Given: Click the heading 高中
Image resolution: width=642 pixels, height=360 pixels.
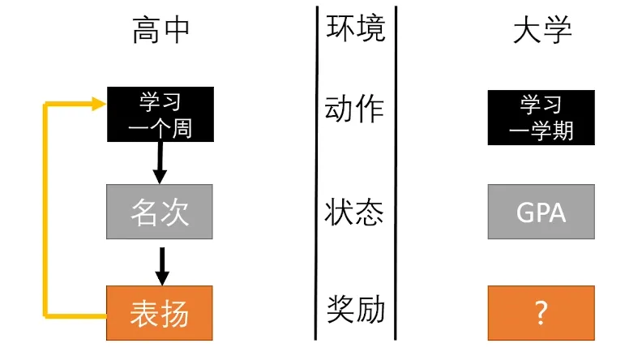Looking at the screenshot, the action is (x=160, y=30).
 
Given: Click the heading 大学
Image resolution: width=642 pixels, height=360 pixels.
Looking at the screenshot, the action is (x=542, y=30).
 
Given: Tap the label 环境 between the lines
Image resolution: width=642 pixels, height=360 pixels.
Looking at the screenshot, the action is (x=355, y=28).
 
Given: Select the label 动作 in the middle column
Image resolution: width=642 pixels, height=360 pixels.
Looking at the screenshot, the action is (x=354, y=109).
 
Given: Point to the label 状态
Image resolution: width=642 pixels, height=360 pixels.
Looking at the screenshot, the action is (x=354, y=212).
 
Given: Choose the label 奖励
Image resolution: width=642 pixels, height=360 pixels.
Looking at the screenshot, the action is (x=355, y=310).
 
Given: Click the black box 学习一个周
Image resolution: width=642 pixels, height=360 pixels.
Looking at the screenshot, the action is (x=160, y=114).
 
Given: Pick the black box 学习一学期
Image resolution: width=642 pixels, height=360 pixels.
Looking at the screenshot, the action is (x=541, y=118).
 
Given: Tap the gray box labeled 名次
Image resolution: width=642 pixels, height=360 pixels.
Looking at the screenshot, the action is (x=160, y=212).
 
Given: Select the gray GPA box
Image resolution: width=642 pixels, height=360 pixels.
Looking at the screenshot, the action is (x=541, y=212).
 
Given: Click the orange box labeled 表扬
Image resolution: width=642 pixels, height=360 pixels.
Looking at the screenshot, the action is (x=160, y=313).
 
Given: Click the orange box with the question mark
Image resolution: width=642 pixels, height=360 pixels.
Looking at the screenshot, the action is (x=541, y=313).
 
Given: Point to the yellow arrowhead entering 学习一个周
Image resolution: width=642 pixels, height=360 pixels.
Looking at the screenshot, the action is (x=99, y=104).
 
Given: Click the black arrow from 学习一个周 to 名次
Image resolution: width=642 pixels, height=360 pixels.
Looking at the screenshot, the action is (x=160, y=163).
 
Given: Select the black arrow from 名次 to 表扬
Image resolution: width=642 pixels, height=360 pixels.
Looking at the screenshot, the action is (x=162, y=266).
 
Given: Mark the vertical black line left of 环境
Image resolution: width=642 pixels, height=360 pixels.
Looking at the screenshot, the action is (x=316, y=173).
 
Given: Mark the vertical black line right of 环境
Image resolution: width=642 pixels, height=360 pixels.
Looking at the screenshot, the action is (x=396, y=173).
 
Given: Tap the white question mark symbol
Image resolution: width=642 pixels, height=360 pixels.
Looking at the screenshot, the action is (x=541, y=313).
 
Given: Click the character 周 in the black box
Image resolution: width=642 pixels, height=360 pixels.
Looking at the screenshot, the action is (x=182, y=129).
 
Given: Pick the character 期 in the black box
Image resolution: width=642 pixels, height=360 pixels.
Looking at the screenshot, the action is (x=563, y=131).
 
